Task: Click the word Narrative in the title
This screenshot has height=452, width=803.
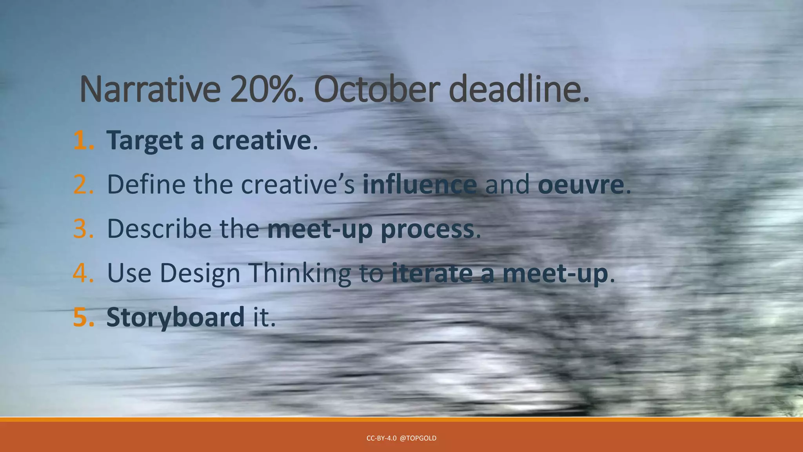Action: coord(150,89)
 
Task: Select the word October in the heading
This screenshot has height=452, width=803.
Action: coord(374,89)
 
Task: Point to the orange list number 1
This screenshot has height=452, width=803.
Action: coord(83,140)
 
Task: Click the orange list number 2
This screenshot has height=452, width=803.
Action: coord(83,184)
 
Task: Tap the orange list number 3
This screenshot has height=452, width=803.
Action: coord(83,229)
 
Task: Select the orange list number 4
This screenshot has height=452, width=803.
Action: coord(83,273)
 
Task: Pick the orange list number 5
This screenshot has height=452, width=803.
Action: coord(83,317)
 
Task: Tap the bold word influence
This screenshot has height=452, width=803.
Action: coord(420,184)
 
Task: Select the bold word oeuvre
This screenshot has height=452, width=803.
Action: coord(581,184)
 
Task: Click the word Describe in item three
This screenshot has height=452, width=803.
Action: coord(159,229)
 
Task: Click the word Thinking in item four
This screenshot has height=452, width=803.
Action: coord(300,273)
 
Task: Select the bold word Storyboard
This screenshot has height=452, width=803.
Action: coord(175,317)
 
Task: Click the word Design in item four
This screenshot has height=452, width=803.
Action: coord(200,273)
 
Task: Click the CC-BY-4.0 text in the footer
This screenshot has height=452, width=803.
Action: coord(381,438)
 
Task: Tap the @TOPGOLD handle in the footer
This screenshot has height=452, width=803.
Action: coord(418,438)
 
